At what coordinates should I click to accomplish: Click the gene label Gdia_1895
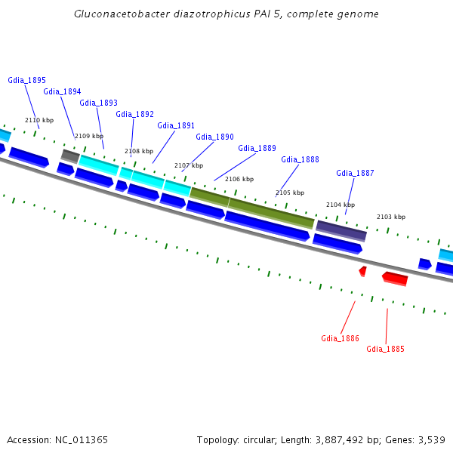tap(26, 80)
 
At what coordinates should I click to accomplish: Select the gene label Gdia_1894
tap(62, 92)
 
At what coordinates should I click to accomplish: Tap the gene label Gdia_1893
tap(98, 103)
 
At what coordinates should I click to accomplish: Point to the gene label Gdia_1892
tap(134, 115)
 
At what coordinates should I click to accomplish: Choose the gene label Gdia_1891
tap(176, 126)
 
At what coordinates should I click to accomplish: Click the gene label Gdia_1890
tap(214, 137)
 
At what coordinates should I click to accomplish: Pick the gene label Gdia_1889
tap(257, 149)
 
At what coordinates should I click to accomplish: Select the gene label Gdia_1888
tap(300, 160)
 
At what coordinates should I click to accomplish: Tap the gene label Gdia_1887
tap(355, 174)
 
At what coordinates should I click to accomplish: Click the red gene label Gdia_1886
tap(340, 338)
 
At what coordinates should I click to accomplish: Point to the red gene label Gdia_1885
tap(385, 350)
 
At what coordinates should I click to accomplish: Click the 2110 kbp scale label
tap(39, 121)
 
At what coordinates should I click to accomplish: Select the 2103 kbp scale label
tap(391, 217)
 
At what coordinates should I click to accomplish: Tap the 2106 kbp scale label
tap(239, 180)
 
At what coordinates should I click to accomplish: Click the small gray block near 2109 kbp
tap(70, 156)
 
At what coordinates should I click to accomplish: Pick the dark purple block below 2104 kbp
tap(341, 230)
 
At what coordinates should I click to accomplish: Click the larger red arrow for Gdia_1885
tap(395, 279)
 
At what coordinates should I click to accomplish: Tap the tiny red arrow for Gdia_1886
tap(363, 270)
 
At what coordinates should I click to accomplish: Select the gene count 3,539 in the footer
tap(431, 439)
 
